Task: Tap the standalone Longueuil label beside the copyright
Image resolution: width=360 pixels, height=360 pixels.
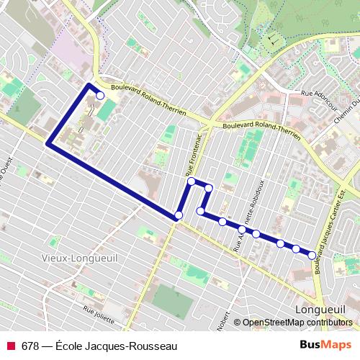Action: click(x=320, y=309)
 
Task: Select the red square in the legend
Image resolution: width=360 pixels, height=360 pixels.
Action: click(x=11, y=346)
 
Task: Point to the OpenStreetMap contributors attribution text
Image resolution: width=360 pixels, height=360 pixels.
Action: click(x=298, y=323)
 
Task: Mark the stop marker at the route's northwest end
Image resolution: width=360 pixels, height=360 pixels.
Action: click(x=100, y=95)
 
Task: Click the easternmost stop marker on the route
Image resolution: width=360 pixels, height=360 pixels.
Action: click(x=312, y=255)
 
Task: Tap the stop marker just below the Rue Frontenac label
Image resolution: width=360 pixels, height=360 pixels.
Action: click(x=192, y=181)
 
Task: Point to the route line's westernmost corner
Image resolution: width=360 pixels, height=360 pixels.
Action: click(x=48, y=145)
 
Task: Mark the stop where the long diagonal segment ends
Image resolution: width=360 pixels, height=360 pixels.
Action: click(x=179, y=215)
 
